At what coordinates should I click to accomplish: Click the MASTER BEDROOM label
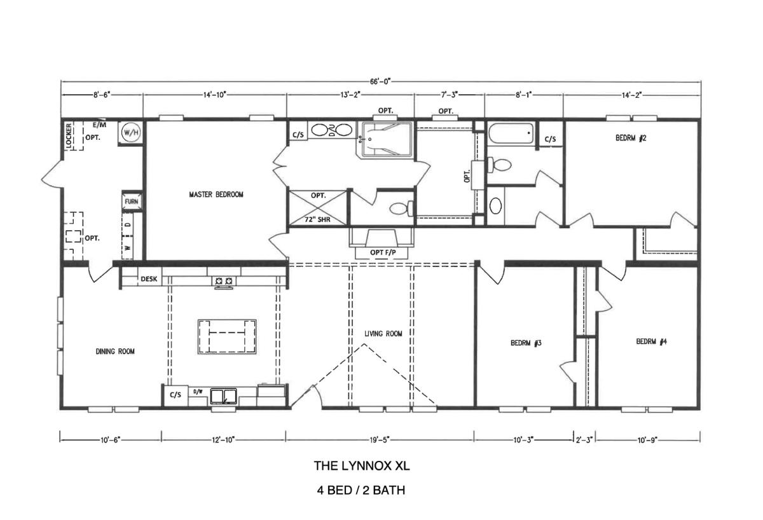(x=216, y=195)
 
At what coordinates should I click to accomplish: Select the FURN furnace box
(x=132, y=202)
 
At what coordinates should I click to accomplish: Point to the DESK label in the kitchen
(x=149, y=279)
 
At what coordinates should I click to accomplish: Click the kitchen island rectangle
(x=227, y=337)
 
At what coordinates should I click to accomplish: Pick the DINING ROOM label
(x=115, y=351)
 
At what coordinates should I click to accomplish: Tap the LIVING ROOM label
(x=383, y=333)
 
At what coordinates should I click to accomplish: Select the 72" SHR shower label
(x=317, y=220)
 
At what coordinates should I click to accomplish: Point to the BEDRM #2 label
(x=631, y=138)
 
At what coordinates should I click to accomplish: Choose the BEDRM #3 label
(x=526, y=343)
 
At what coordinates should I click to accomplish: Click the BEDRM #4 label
(x=652, y=341)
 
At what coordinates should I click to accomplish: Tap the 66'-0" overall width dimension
(x=380, y=81)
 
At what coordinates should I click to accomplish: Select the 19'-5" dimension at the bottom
(x=380, y=440)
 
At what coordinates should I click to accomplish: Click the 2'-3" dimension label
(x=584, y=440)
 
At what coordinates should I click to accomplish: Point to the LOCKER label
(x=69, y=136)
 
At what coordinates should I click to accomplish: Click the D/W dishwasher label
(x=198, y=392)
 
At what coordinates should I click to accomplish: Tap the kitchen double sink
(x=223, y=396)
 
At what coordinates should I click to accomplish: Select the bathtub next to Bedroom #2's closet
(x=511, y=133)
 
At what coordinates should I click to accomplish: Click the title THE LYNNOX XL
(x=362, y=466)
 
